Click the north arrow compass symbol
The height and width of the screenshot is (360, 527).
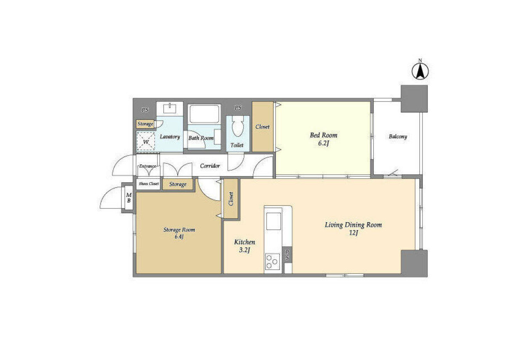pos(420,71)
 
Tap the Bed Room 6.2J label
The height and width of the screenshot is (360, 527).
pos(324,139)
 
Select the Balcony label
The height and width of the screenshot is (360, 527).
pos(398,137)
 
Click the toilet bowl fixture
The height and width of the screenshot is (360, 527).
pos(238,126)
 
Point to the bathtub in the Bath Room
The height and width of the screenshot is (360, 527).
pos(204,114)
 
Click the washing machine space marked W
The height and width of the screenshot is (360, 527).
pos(146,141)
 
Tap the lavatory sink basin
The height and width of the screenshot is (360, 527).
pos(170,109)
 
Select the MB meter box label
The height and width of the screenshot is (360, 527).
pos(129,198)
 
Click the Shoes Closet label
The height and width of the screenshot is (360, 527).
pos(149,184)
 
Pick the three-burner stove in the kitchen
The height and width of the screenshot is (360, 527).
pos(273,262)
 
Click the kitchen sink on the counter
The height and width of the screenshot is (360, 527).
pos(273,221)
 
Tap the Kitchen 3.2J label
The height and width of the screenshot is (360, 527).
pos(245,246)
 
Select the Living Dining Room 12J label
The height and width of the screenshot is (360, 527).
pos(354,229)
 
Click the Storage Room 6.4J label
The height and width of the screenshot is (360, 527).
pos(179,233)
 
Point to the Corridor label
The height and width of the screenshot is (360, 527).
pos(210,166)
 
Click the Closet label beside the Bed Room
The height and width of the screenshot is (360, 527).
pos(263,127)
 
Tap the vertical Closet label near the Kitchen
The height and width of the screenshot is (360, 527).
pos(231,199)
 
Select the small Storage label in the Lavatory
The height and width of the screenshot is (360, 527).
pos(145,124)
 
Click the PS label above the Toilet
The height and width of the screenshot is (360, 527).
pos(238,108)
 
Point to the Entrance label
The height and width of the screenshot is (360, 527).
pos(148,166)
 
